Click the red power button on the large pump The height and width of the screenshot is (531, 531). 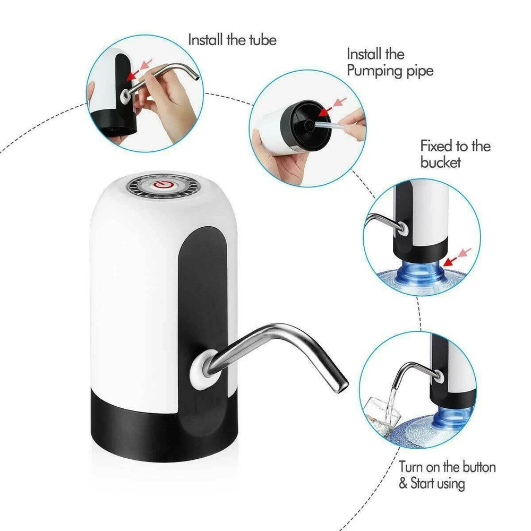point(163,185)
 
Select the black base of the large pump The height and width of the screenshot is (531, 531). point(159,425)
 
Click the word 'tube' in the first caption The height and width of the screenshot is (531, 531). point(262,40)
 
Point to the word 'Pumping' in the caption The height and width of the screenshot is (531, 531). point(372,71)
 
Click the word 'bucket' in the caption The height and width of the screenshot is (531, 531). point(441,162)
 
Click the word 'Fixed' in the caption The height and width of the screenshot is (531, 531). point(435,145)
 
